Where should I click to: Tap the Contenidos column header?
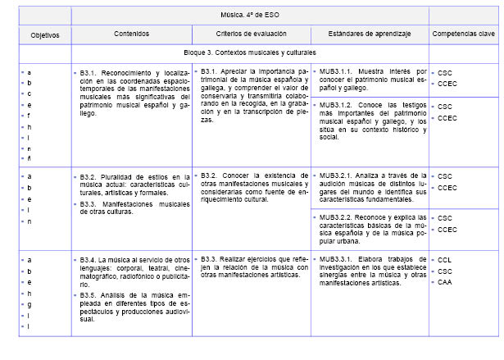tap(131, 36)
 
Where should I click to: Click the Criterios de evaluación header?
tap(250, 36)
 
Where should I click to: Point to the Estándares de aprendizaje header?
tap(370, 36)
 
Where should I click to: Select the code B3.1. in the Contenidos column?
tap(90, 72)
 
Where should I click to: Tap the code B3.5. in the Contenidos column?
tap(90, 294)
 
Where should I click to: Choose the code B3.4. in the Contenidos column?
tap(90, 259)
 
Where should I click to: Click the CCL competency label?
tap(445, 259)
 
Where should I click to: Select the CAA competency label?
tap(445, 282)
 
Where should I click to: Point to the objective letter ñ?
tap(30, 157)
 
